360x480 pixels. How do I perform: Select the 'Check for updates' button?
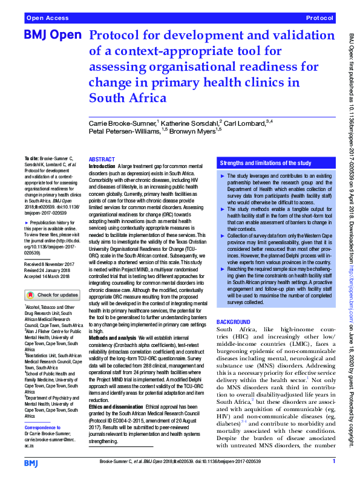coord(52,295)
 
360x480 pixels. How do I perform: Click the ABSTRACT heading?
coord(102,160)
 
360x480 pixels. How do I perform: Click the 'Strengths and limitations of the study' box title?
coord(266,163)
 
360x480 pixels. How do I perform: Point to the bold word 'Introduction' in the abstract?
coord(103,166)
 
